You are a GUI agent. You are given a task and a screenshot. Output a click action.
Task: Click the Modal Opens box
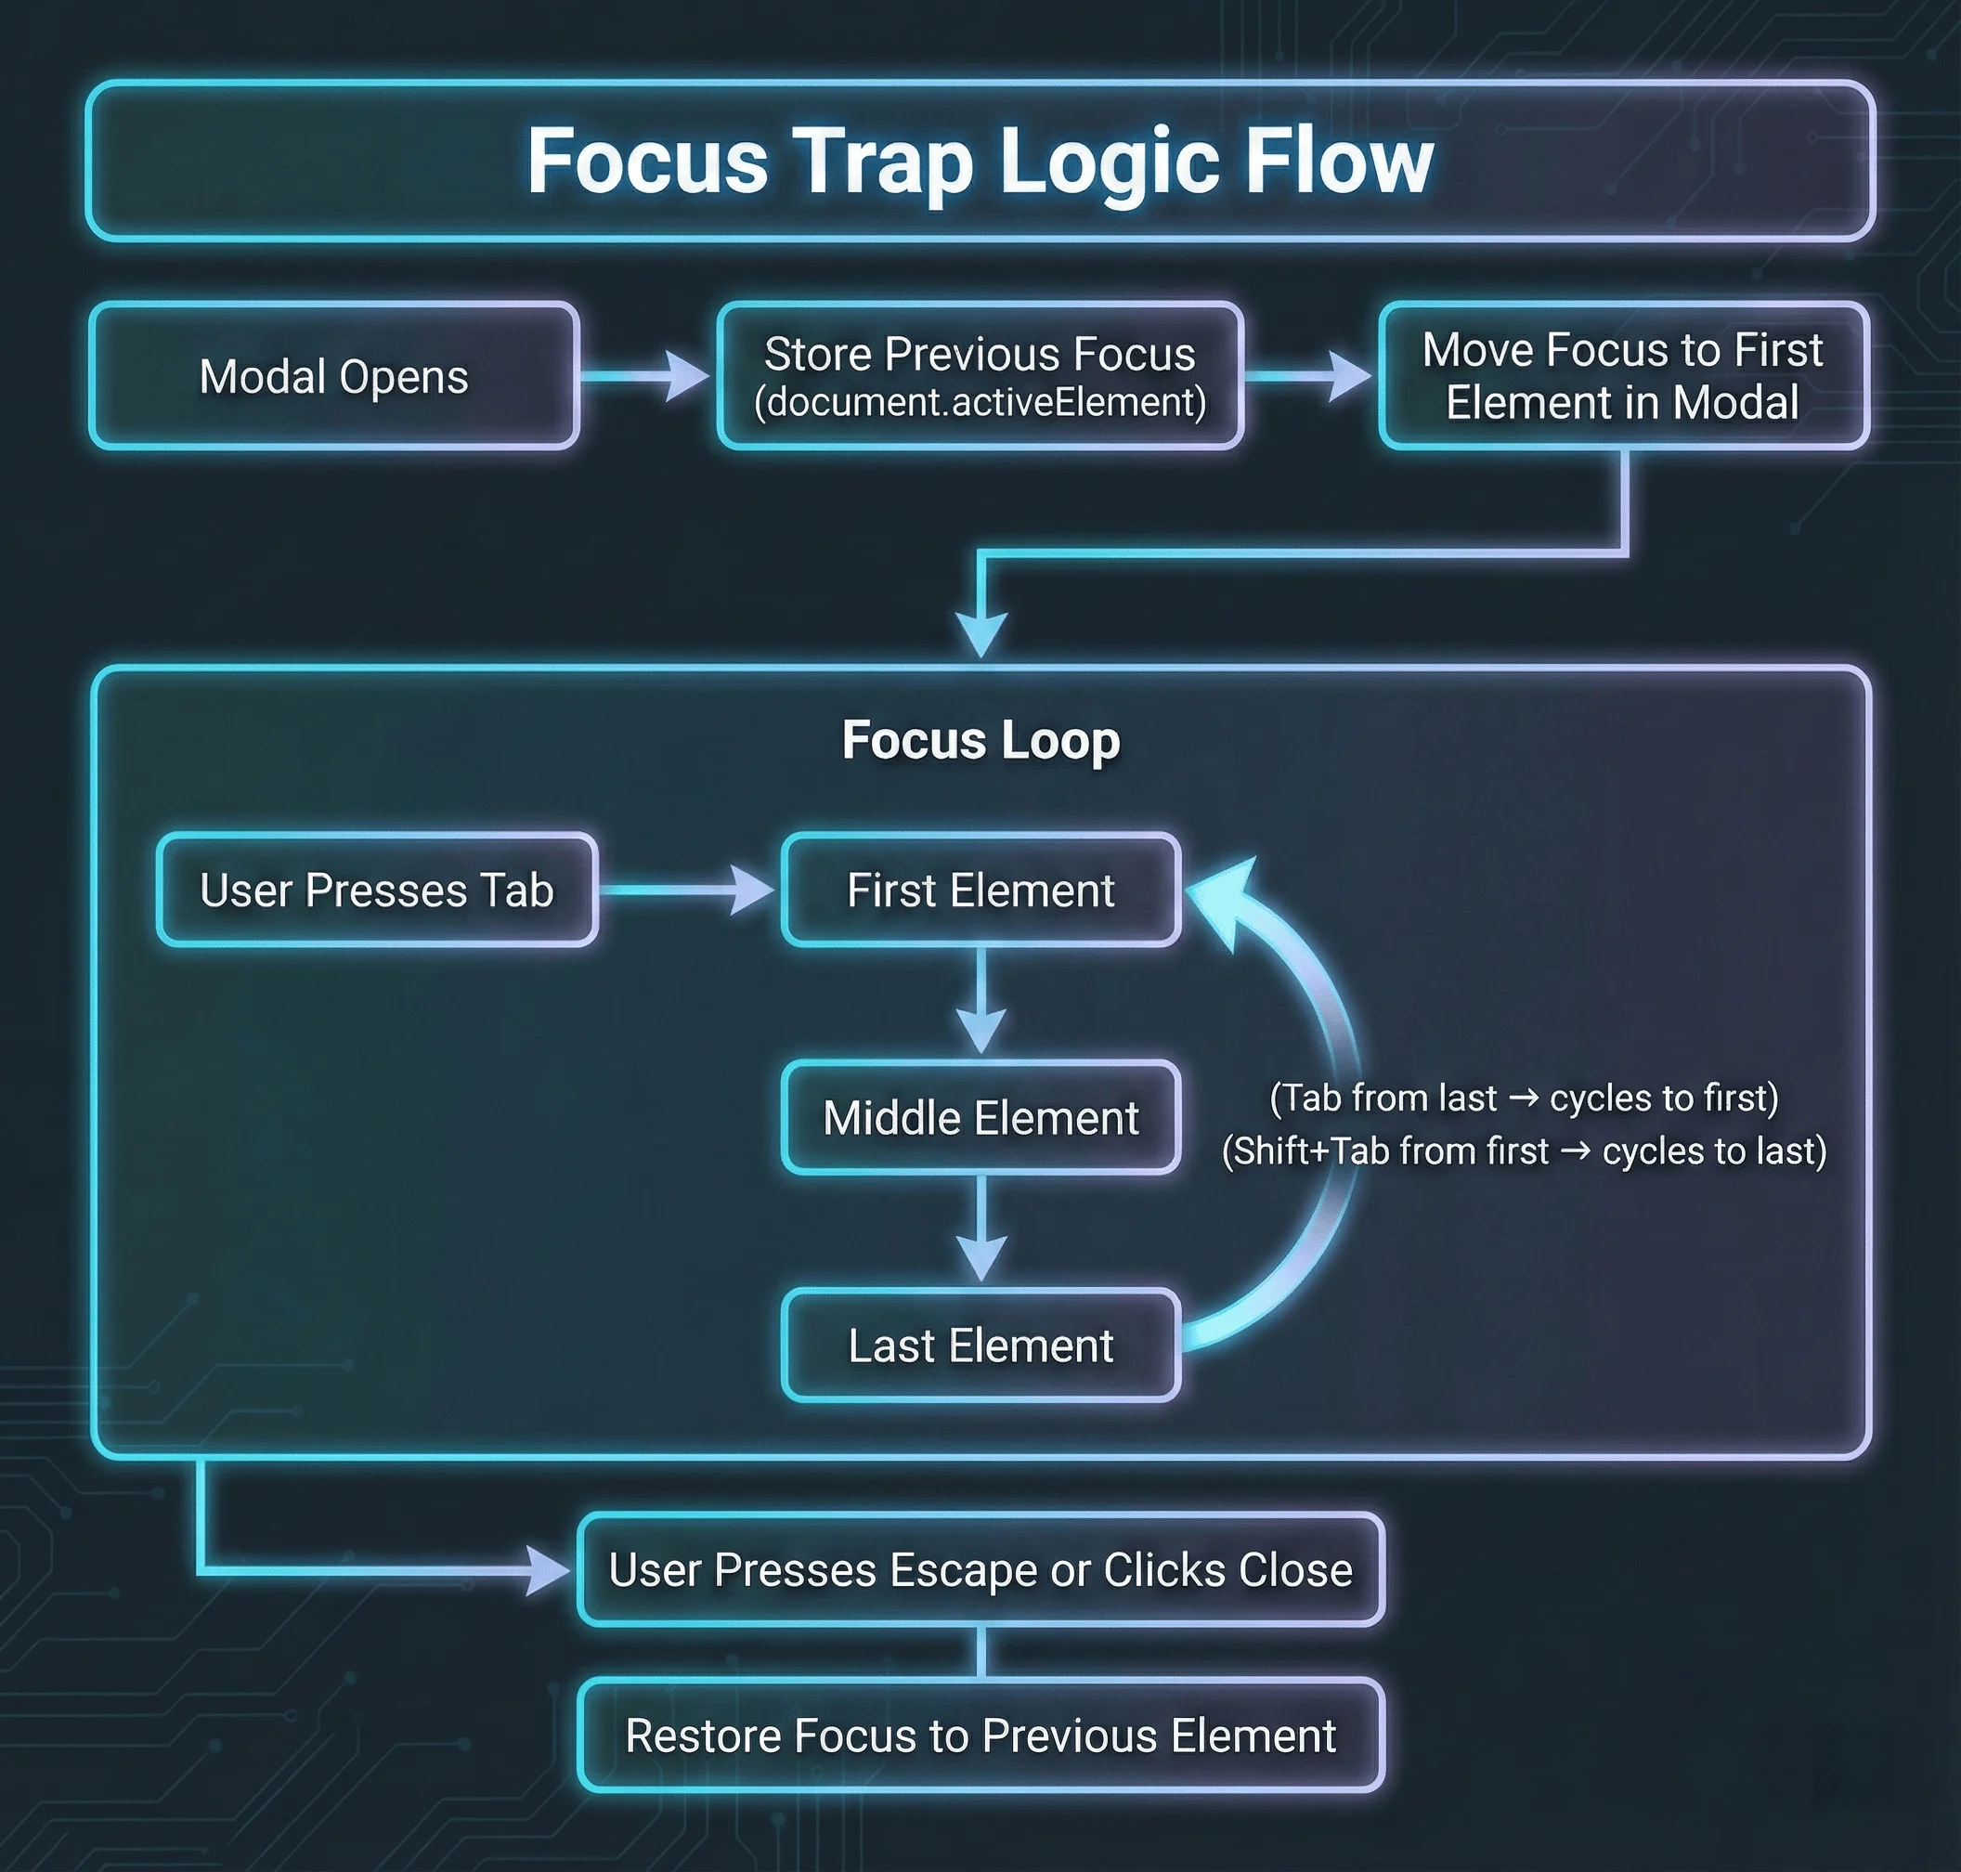(x=333, y=376)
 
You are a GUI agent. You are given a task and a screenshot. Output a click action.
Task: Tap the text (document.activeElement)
(x=979, y=403)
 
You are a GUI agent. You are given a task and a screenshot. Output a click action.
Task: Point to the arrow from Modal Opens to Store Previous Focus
(x=644, y=376)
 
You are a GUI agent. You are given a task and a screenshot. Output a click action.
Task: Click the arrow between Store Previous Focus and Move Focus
(x=1308, y=376)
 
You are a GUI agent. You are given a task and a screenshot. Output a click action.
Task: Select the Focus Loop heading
(x=980, y=740)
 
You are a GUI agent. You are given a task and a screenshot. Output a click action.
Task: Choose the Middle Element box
(x=980, y=1118)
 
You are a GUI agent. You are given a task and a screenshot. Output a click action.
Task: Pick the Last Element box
(x=980, y=1345)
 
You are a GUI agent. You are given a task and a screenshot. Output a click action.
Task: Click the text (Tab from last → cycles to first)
(x=1523, y=1098)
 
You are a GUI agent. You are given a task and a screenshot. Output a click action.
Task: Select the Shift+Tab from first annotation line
(x=1523, y=1151)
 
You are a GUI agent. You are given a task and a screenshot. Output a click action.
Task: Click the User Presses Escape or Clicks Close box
(x=980, y=1569)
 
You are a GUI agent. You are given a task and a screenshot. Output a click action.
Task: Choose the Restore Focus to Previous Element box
(x=980, y=1735)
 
